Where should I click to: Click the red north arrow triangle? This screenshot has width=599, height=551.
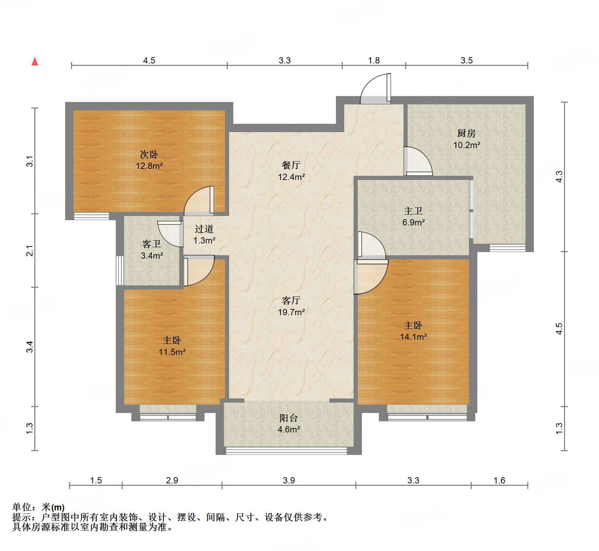click(x=35, y=62)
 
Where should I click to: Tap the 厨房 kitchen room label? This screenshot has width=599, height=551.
click(x=466, y=133)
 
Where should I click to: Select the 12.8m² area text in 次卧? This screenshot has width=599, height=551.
click(x=149, y=166)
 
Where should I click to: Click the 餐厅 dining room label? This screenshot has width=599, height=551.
click(x=291, y=165)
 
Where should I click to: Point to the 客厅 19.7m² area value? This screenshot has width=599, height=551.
click(x=291, y=312)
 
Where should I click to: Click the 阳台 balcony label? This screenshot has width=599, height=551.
click(x=288, y=418)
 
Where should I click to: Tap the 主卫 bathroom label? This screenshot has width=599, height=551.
click(x=413, y=211)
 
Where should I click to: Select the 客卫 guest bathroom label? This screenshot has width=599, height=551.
click(x=151, y=244)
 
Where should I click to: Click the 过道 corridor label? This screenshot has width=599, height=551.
click(x=204, y=229)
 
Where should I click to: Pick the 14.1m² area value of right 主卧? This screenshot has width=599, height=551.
click(x=413, y=337)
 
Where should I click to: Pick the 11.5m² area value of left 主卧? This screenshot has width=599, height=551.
click(x=172, y=352)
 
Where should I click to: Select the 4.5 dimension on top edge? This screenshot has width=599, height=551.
click(x=149, y=60)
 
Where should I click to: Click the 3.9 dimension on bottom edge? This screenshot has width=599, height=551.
click(x=288, y=480)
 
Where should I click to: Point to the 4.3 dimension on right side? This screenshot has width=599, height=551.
click(x=559, y=177)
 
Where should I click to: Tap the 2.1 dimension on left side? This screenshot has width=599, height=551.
click(x=30, y=250)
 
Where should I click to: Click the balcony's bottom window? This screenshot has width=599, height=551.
click(x=286, y=450)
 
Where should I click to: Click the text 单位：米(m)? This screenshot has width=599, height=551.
click(x=38, y=507)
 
